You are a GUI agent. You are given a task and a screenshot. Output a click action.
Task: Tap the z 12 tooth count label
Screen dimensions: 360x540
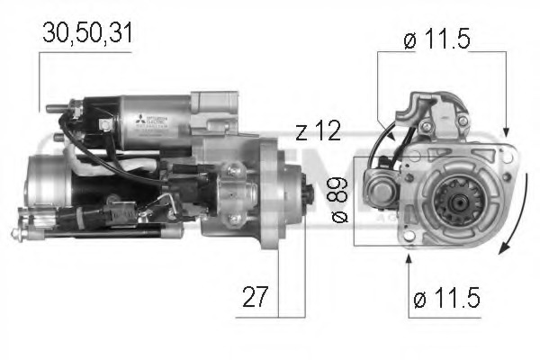pos(318,132)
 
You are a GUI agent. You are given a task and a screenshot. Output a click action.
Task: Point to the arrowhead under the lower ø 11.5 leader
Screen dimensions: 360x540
pos(410,260)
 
